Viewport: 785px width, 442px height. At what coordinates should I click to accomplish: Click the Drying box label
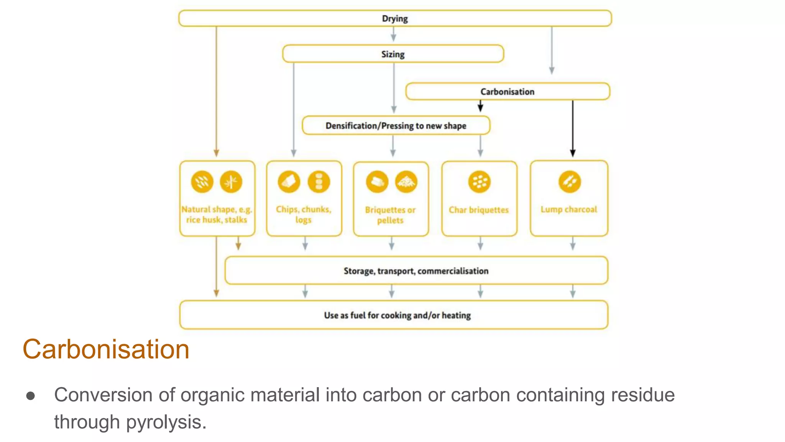[x=395, y=18]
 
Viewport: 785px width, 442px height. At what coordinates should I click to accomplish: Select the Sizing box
[x=393, y=54]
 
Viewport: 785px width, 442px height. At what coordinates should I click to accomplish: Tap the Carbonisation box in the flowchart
[x=507, y=92]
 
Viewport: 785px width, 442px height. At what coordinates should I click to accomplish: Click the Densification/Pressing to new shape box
[x=396, y=126]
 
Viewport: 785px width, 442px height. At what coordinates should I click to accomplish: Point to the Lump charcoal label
[x=569, y=209]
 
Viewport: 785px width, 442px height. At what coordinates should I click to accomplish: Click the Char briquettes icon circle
[x=479, y=181]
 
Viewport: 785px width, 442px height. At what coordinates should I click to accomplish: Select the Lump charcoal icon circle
[x=570, y=181]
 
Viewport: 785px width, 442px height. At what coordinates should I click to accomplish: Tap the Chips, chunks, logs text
[x=304, y=214]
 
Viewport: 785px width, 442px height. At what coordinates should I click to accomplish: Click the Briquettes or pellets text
[x=390, y=215]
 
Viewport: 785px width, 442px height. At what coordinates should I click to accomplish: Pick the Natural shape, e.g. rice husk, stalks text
[x=217, y=214]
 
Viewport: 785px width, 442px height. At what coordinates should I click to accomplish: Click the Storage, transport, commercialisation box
[x=416, y=271]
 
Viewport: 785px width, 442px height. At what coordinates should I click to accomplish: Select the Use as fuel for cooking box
[x=397, y=315]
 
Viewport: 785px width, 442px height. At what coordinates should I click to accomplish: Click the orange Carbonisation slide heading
[x=106, y=349]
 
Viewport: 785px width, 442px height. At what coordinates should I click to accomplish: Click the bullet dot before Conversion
[x=31, y=396]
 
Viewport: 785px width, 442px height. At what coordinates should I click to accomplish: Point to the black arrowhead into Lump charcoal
[x=573, y=153]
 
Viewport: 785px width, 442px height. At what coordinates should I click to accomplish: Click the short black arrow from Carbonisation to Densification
[x=480, y=106]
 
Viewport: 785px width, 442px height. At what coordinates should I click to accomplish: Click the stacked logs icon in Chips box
[x=319, y=181]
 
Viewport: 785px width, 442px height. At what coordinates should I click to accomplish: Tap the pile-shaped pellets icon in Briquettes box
[x=406, y=181]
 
